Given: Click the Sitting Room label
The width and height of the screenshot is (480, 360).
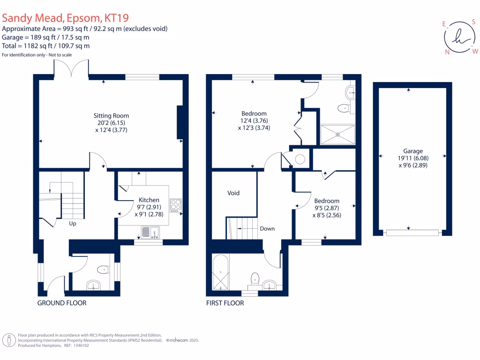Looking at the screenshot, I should coord(111,115).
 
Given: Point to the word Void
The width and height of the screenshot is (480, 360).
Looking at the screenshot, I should coord(233,193).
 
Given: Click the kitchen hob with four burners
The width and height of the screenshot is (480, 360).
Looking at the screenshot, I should coord(176,205).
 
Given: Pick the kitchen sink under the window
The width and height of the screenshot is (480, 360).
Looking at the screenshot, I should coord(150,231).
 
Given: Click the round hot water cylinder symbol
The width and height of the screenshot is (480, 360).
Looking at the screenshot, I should coord(300,159).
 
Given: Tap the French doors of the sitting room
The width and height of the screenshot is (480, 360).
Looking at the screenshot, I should coord(72,69).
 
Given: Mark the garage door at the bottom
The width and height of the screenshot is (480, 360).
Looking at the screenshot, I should coord(412,232).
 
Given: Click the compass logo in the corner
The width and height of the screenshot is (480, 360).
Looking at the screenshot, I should coord(460,37).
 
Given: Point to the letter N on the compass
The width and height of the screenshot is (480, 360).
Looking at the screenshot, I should coord(447,52).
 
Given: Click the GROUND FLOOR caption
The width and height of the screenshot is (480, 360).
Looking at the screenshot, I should coord(62,303).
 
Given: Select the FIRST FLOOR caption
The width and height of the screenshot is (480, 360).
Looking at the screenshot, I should coord(225,303).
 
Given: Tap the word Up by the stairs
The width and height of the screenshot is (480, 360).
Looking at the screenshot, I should coord(73,224).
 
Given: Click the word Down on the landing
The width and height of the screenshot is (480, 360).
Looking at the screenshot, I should coord(267,229).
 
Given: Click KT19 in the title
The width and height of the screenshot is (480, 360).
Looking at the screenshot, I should coord(116,18).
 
